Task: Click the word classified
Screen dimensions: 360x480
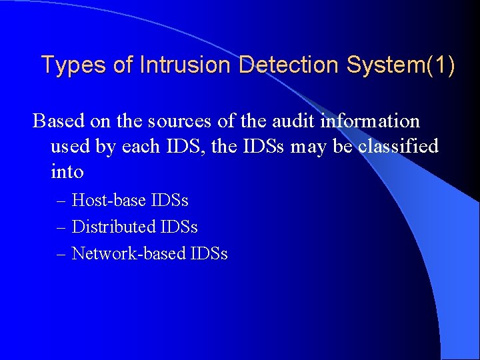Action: [398, 147]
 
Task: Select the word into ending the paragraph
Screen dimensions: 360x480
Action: [67, 172]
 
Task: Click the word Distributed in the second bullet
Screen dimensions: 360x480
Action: [113, 227]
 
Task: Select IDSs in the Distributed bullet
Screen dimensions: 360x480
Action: [179, 227]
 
